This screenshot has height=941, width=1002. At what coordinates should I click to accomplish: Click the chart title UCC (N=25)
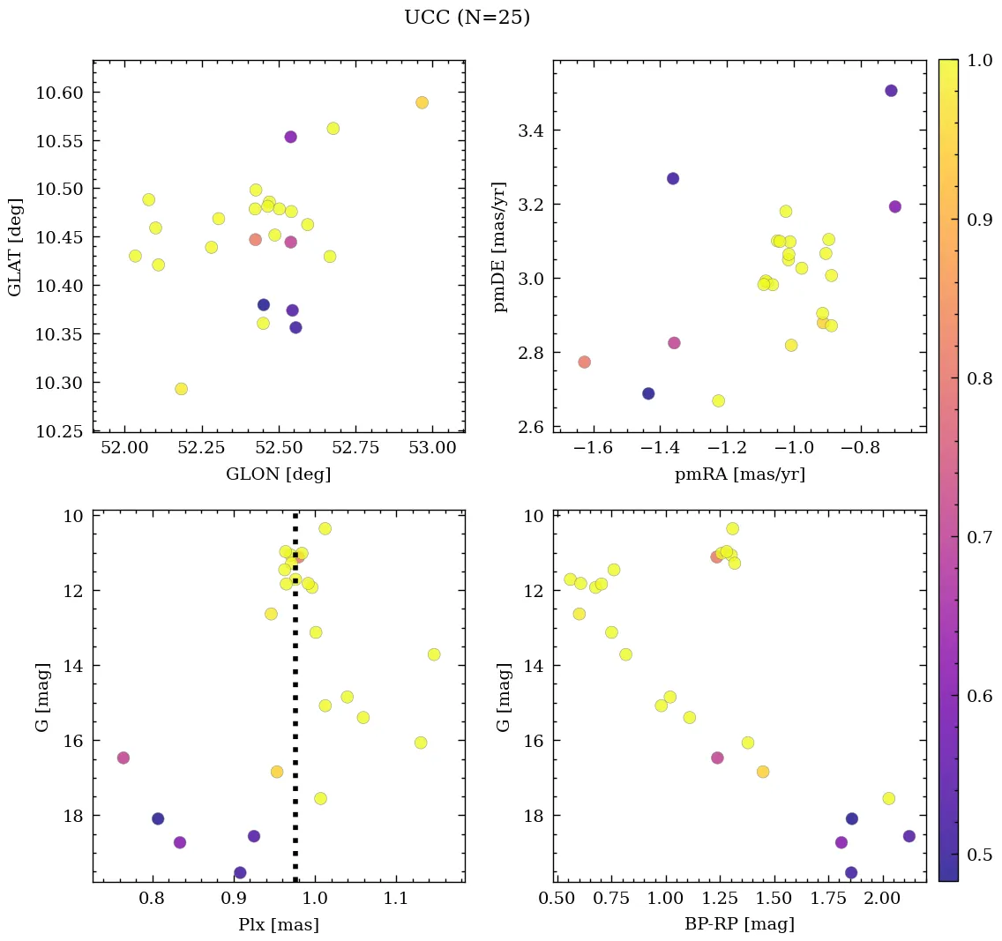click(467, 18)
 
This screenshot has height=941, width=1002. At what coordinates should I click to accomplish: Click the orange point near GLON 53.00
click(422, 102)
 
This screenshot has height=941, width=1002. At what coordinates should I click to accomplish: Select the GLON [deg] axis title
click(279, 474)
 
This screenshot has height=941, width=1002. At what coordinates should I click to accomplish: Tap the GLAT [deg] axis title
click(15, 247)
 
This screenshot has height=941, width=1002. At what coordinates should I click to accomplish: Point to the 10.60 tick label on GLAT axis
click(59, 93)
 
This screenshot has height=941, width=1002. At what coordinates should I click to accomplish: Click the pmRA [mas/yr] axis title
click(739, 474)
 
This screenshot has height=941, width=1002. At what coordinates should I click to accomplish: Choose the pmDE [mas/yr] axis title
click(502, 247)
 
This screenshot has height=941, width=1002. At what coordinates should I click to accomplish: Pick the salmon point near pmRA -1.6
click(584, 362)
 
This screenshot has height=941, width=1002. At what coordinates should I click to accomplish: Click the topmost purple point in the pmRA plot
click(891, 91)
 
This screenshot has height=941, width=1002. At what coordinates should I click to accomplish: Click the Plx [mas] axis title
click(279, 924)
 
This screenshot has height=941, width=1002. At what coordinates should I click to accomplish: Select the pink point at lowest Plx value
click(123, 758)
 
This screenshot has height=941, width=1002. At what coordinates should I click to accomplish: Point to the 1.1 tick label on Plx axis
click(396, 900)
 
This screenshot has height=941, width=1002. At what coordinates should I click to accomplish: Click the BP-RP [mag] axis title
click(739, 924)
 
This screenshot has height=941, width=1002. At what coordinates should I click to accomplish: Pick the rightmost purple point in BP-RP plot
click(909, 836)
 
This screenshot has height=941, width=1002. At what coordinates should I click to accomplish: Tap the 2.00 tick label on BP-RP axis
click(882, 900)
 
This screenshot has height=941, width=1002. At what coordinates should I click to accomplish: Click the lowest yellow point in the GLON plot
click(181, 389)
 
